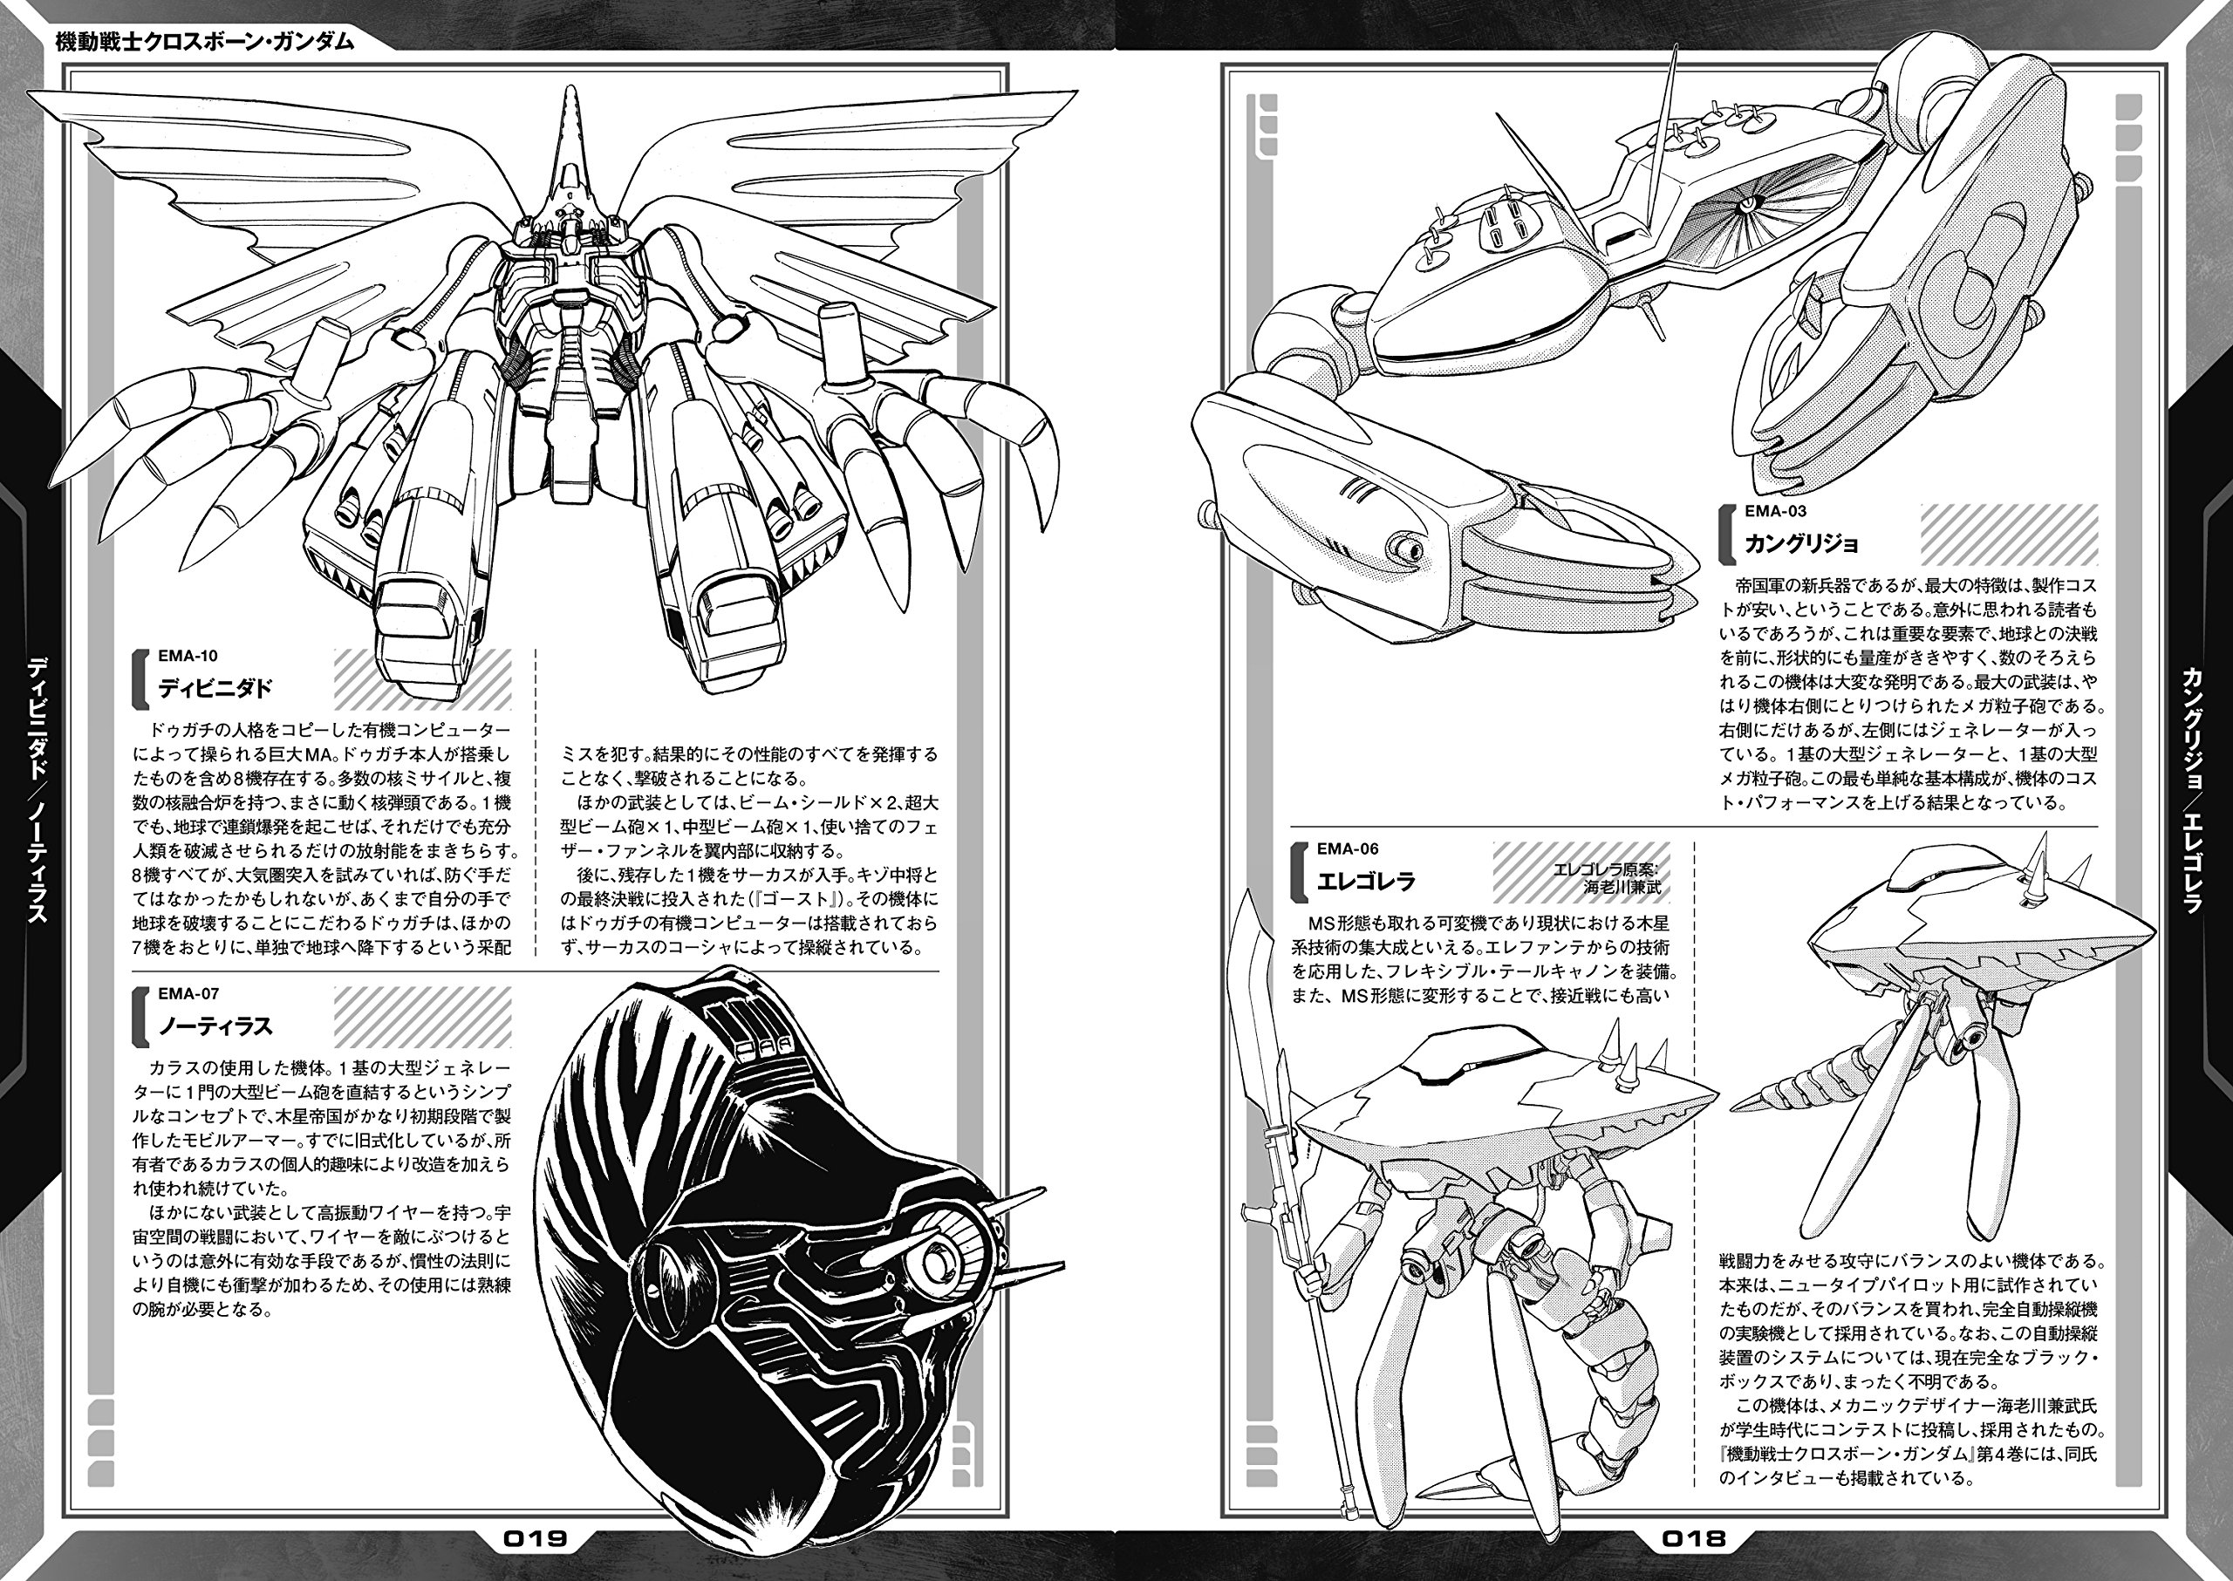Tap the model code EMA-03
click(1775, 511)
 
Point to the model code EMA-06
click(1348, 848)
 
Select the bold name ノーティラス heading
click(215, 1026)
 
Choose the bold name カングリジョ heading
click(1801, 543)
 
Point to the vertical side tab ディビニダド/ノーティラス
click(37, 788)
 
